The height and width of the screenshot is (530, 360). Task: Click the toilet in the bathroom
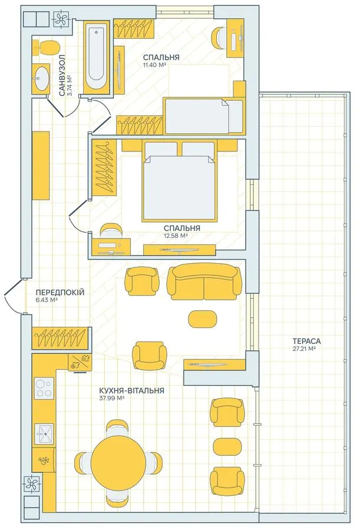(x=46, y=48)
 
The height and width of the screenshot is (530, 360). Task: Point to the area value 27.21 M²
(x=304, y=349)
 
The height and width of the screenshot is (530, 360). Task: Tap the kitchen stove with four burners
(x=44, y=388)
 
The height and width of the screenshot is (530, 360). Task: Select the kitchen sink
(x=44, y=433)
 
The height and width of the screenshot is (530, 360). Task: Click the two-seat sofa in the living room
(x=204, y=281)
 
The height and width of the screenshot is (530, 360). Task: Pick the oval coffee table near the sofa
(x=202, y=319)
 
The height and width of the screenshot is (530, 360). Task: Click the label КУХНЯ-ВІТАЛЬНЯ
(x=131, y=391)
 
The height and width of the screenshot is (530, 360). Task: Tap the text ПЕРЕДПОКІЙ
(x=60, y=292)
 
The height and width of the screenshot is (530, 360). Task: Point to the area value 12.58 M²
(x=176, y=236)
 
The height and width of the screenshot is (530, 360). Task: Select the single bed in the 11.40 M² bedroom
(x=204, y=115)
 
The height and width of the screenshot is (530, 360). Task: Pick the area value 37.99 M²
(x=111, y=398)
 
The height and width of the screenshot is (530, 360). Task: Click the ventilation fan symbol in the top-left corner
(x=62, y=19)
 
